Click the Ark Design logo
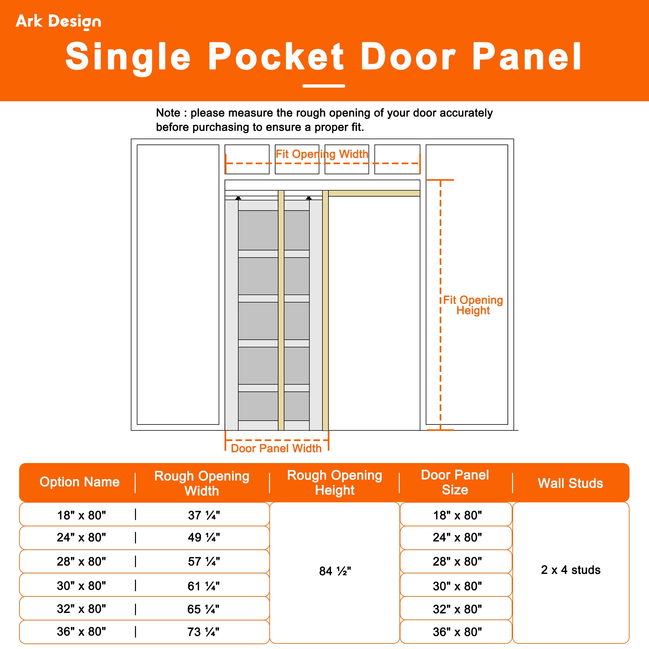(x=58, y=21)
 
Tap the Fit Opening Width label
(x=322, y=154)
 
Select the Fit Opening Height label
(x=473, y=305)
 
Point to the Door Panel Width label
(x=276, y=448)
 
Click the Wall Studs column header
(x=570, y=483)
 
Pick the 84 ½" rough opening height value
(x=335, y=571)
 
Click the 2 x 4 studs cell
(x=570, y=570)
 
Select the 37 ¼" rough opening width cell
(x=203, y=515)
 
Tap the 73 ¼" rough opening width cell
(x=203, y=631)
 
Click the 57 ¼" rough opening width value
(x=203, y=561)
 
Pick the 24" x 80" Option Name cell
(x=81, y=537)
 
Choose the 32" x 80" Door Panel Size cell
(x=457, y=609)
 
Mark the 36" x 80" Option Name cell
(x=81, y=631)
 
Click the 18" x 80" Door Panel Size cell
(x=457, y=515)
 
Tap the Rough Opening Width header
(x=202, y=483)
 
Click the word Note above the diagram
(x=168, y=113)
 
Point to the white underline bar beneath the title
(x=324, y=86)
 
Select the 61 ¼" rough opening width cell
(x=203, y=586)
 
